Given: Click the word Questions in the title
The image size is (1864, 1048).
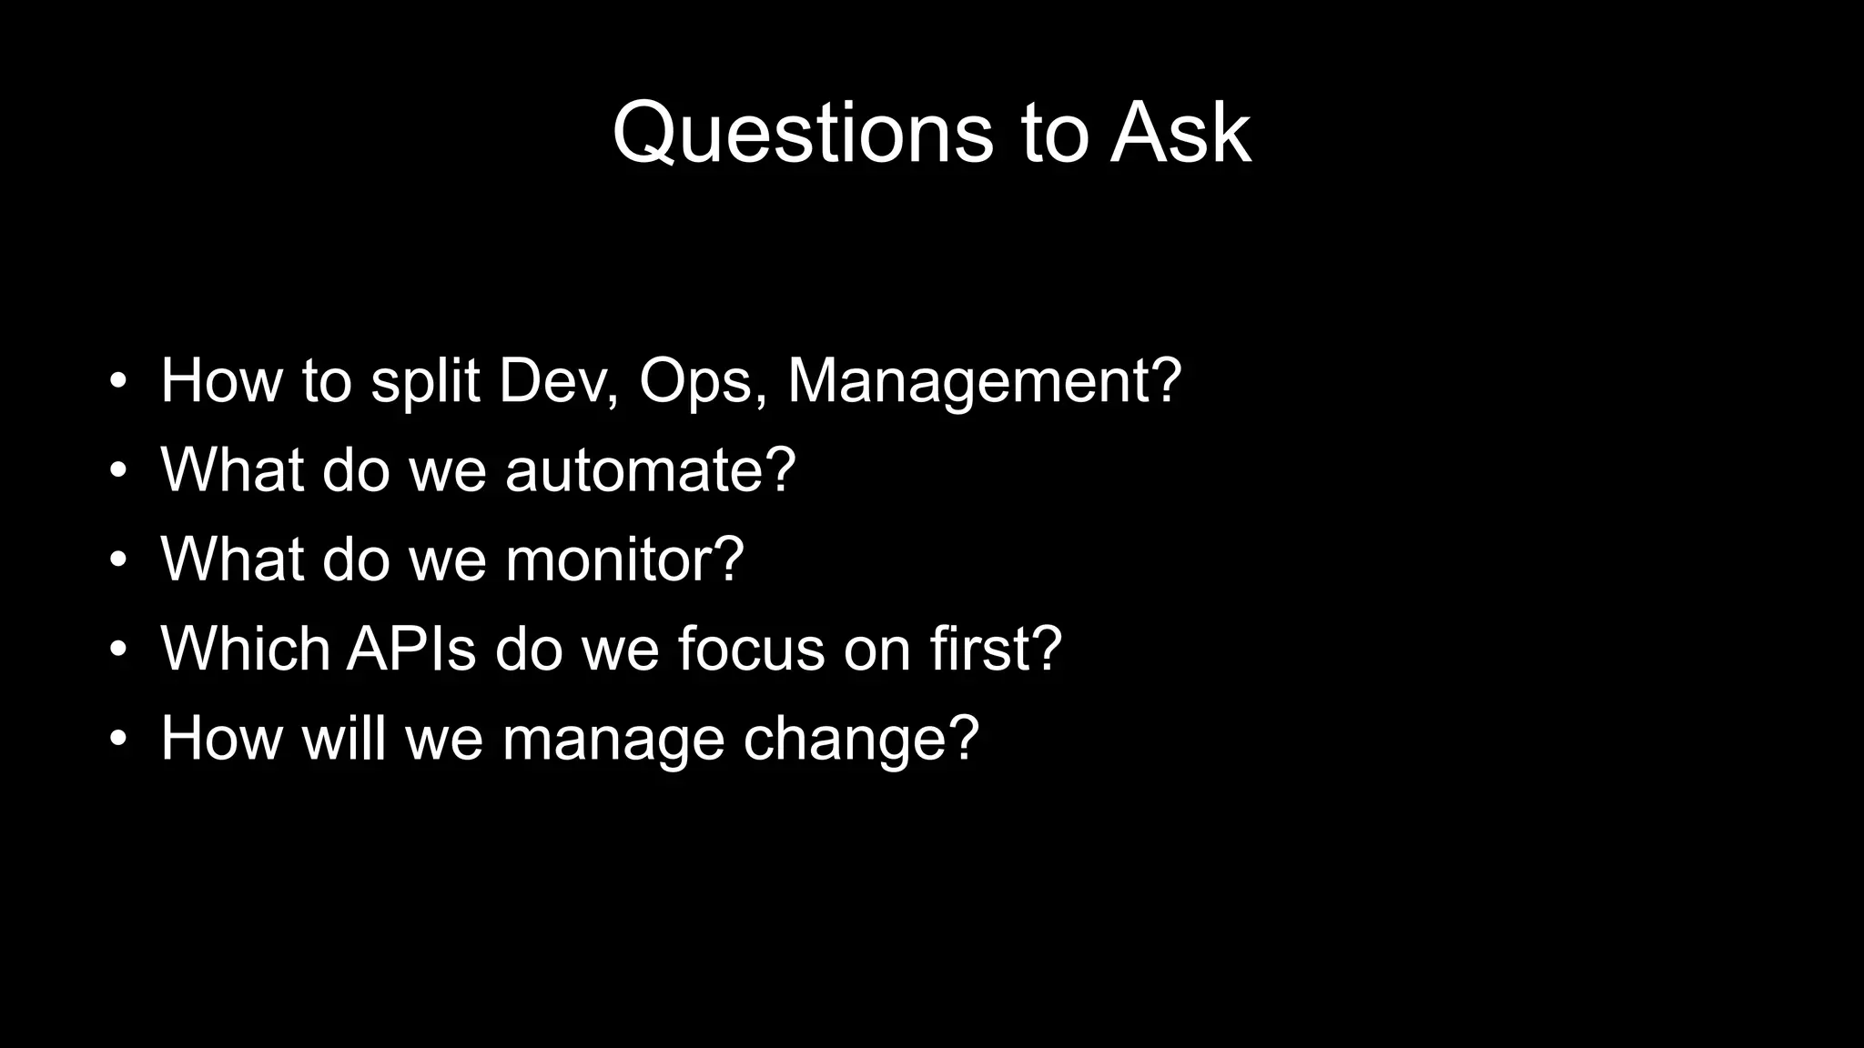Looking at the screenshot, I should [802, 135].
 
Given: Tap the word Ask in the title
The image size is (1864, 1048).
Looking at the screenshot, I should [1180, 135].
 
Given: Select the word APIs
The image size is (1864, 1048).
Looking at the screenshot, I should [411, 649].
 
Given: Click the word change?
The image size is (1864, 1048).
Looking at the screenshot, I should [861, 738].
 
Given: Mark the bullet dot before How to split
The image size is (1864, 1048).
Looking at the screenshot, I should [117, 382].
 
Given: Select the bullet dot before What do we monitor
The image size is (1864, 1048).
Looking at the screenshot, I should [117, 560].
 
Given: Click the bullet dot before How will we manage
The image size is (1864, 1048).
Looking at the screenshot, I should [117, 740].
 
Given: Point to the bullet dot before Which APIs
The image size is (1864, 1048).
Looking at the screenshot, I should [117, 650].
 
